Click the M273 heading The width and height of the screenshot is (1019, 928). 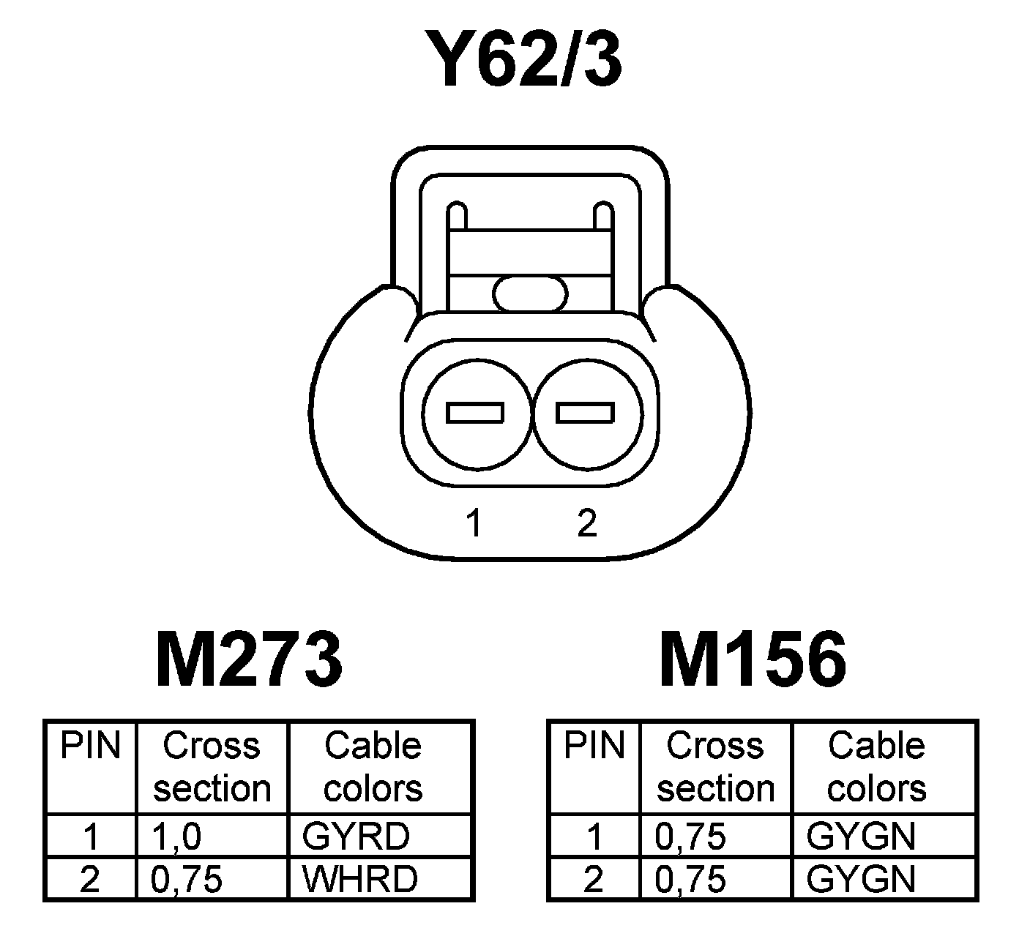248,660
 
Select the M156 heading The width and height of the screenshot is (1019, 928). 753,660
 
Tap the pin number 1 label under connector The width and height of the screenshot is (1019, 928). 475,524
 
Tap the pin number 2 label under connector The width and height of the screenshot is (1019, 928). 586,524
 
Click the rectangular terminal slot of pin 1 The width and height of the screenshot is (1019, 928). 475,414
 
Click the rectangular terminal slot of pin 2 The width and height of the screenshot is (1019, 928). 584,414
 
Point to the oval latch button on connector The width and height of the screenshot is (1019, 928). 530,294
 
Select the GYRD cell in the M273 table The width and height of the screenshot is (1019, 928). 356,837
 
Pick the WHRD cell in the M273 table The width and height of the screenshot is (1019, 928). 359,879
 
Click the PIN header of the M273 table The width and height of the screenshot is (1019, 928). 90,746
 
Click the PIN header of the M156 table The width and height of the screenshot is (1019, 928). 594,746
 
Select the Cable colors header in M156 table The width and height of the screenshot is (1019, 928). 876,767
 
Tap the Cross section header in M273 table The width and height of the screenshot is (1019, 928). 212,767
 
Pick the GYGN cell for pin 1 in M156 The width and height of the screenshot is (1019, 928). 860,837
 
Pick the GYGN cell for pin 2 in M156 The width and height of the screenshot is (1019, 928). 860,879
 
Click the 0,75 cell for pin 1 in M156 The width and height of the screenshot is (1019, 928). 690,837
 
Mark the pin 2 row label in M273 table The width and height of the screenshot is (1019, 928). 89,879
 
